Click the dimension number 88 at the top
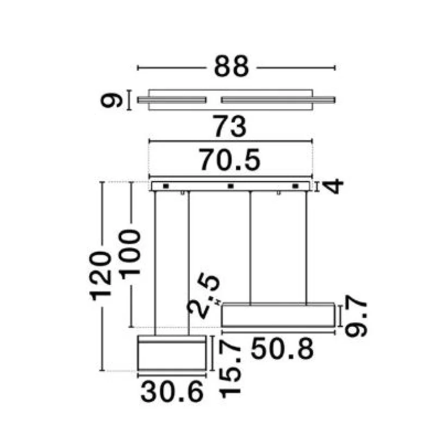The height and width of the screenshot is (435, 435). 232,66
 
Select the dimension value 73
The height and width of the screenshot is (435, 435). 229,127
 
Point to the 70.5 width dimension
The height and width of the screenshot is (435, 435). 230,160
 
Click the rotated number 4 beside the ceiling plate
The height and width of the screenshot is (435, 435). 333,187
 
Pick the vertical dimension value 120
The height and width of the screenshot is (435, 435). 101,276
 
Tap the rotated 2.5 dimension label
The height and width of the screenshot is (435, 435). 204,296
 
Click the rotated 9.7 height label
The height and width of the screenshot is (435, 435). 356,316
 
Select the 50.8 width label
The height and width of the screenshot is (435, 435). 282,349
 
